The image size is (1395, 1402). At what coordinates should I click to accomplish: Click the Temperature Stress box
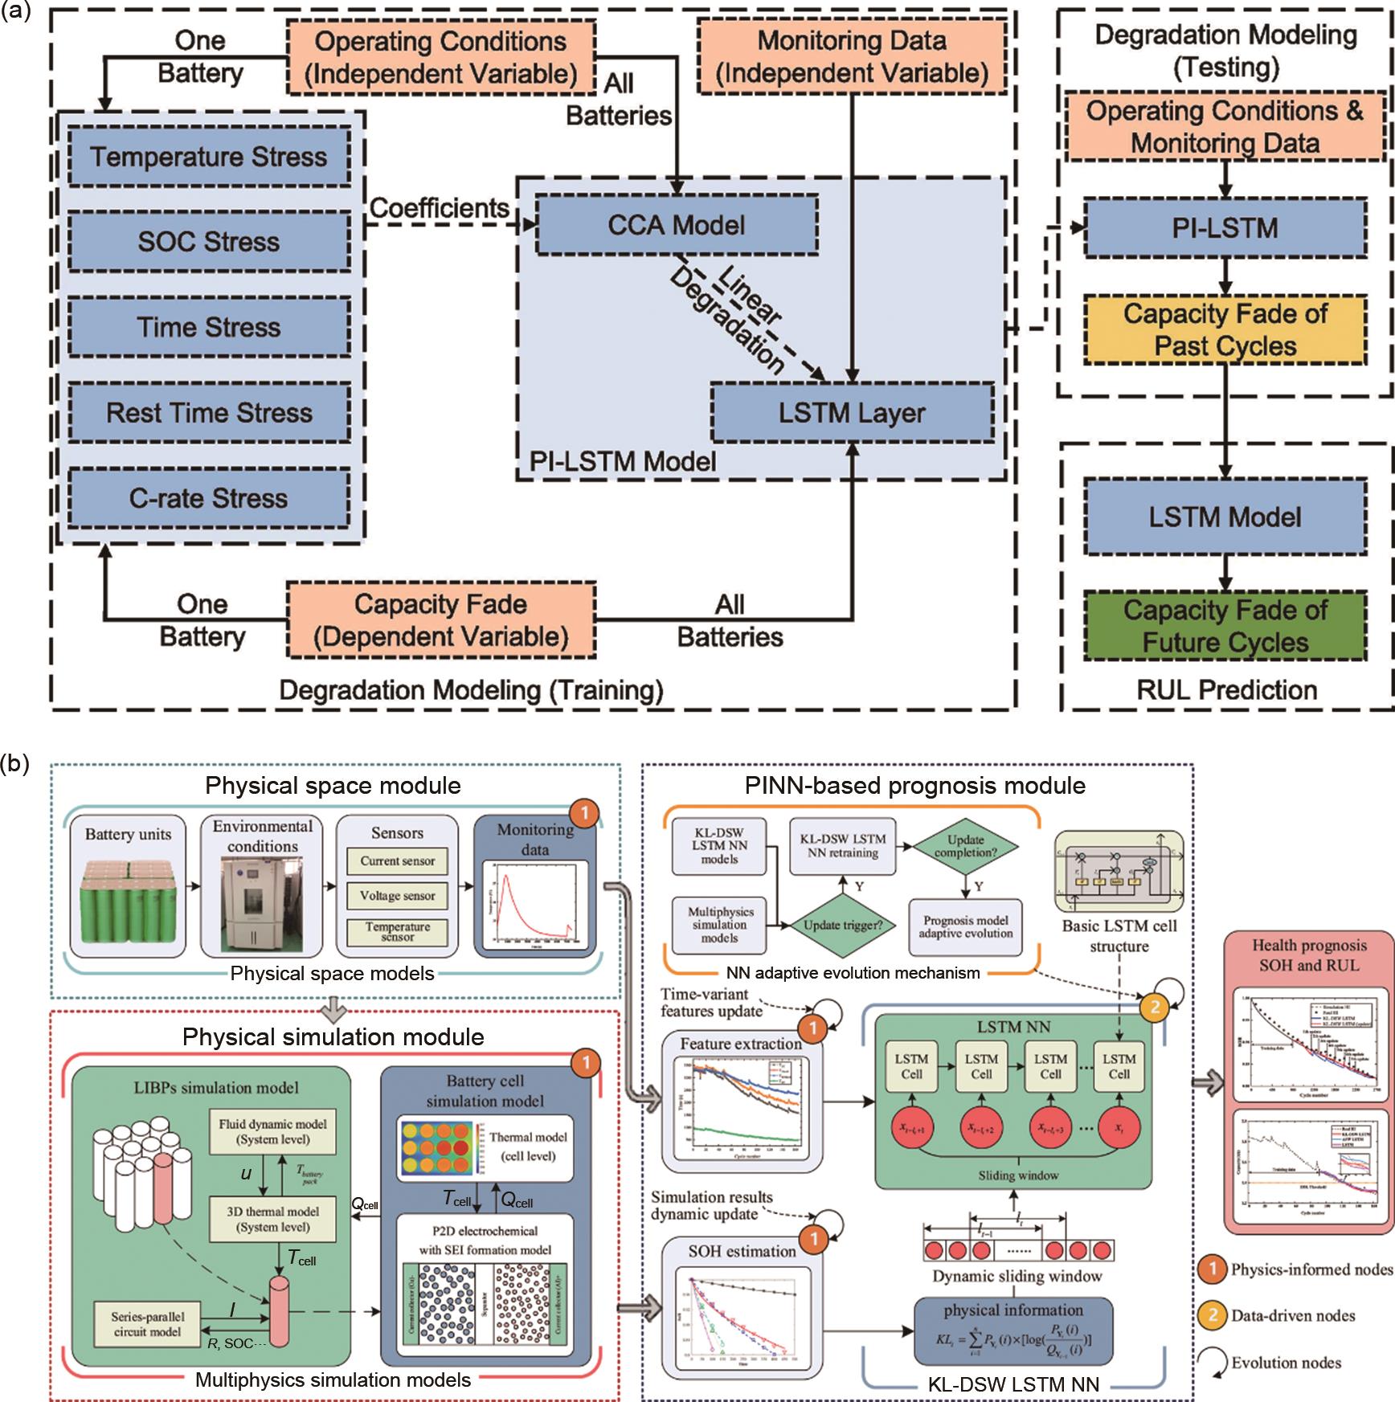[x=208, y=157]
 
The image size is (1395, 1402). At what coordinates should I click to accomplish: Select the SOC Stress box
[x=208, y=242]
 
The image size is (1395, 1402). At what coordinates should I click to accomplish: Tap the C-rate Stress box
[x=208, y=498]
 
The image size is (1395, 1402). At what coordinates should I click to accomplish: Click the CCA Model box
[x=677, y=225]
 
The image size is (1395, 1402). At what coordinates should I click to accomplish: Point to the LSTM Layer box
[x=852, y=413]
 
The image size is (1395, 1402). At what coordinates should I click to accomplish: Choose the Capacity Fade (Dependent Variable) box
[x=440, y=620]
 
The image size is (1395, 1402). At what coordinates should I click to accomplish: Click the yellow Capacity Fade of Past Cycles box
[x=1225, y=330]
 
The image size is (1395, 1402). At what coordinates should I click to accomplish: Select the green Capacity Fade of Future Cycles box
[x=1225, y=626]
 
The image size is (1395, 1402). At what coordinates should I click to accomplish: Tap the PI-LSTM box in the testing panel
[x=1225, y=228]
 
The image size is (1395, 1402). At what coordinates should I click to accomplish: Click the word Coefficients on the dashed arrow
[x=439, y=209]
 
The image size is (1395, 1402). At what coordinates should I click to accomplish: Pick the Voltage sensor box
[x=397, y=896]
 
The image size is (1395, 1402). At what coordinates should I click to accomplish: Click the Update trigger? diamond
[x=843, y=925]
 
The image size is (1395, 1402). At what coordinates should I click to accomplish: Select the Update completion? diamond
[x=965, y=846]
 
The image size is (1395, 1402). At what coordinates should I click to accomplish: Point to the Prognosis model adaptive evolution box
[x=966, y=927]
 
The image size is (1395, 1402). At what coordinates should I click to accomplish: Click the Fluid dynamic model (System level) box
[x=273, y=1132]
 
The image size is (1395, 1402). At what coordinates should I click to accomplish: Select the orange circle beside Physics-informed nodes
[x=1212, y=1269]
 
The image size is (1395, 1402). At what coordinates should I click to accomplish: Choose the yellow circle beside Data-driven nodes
[x=1212, y=1316]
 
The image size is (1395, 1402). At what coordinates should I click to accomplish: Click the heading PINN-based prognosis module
[x=914, y=786]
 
